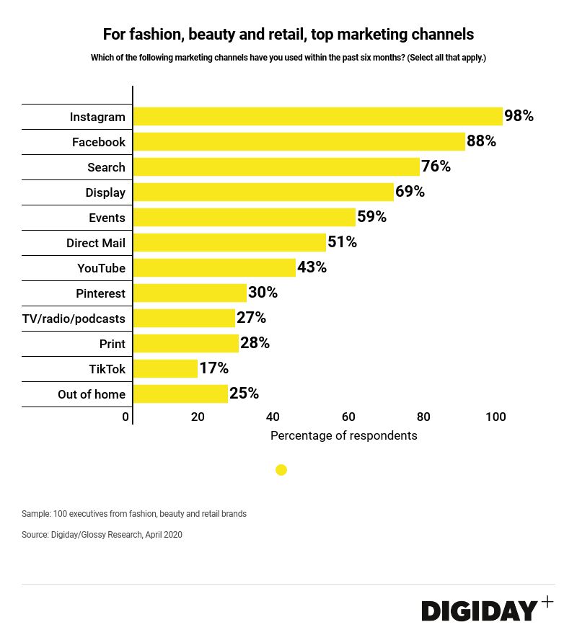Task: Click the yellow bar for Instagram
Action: pyautogui.click(x=317, y=117)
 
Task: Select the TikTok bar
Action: pyautogui.click(x=165, y=369)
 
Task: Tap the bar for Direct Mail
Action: pyautogui.click(x=229, y=243)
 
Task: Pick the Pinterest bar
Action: pyautogui.click(x=190, y=293)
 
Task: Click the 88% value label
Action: pyautogui.click(x=481, y=141)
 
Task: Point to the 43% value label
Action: pyautogui.click(x=312, y=267)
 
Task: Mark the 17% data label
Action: pyautogui.click(x=213, y=368)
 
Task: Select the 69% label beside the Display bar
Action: pyautogui.click(x=410, y=192)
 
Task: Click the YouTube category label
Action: pyautogui.click(x=101, y=268)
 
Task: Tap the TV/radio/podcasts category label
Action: pyautogui.click(x=74, y=319)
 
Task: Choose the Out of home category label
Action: pyautogui.click(x=92, y=394)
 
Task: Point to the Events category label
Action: pyautogui.click(x=107, y=218)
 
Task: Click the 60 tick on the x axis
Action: pyautogui.click(x=348, y=417)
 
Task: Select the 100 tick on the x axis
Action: pyautogui.click(x=495, y=417)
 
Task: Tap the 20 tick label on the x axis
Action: pyautogui.click(x=198, y=417)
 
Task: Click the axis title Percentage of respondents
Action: pyautogui.click(x=343, y=435)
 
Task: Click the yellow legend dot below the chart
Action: pyautogui.click(x=281, y=470)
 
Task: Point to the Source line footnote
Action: pyautogui.click(x=102, y=535)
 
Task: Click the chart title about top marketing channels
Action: pyautogui.click(x=288, y=34)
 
